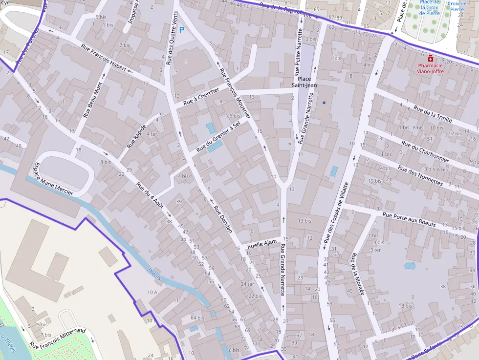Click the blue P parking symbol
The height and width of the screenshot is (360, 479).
point(182,30)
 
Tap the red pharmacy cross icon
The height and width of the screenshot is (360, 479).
point(430,58)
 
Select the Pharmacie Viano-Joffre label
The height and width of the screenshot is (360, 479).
point(430,68)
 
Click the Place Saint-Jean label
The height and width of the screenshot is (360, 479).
point(305,82)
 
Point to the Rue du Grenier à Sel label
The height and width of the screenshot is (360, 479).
point(218,136)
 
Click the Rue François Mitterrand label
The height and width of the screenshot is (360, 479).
point(58,338)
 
